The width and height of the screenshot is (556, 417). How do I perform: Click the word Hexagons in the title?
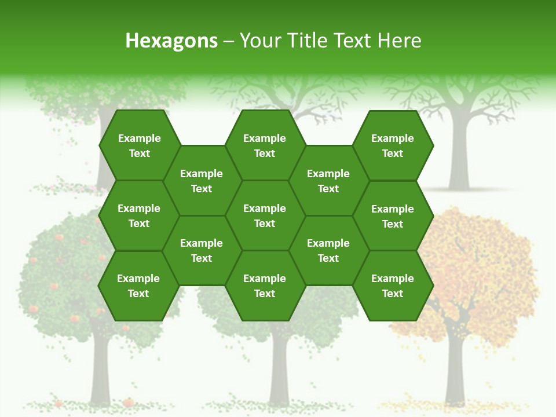(171, 41)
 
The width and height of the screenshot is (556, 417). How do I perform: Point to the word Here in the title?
(400, 41)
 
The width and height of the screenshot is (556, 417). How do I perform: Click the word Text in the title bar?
(350, 41)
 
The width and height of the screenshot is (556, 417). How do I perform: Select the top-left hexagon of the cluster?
(139, 145)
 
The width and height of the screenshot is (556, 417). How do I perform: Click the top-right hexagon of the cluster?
(393, 145)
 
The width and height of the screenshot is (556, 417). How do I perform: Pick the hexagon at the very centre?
(265, 215)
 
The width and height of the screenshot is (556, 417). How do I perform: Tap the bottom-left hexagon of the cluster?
(138, 286)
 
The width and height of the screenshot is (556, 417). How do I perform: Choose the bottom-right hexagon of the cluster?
(393, 286)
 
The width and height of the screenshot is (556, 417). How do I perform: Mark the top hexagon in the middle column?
(265, 145)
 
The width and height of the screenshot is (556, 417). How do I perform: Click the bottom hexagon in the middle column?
(265, 286)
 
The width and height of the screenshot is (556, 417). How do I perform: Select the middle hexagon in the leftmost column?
(139, 215)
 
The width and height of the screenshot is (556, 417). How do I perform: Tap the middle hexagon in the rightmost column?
(393, 216)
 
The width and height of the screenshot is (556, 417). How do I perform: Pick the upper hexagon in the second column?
(202, 181)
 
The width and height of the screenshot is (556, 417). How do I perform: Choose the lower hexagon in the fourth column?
(328, 250)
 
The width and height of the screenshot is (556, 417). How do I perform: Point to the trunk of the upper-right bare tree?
(459, 156)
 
